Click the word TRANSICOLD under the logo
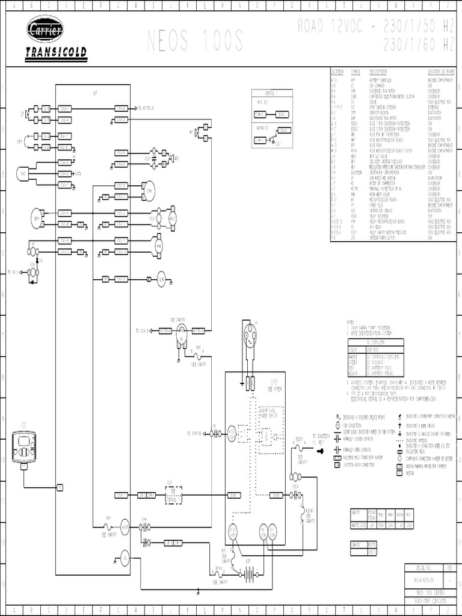(56, 52)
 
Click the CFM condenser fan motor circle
(148, 191)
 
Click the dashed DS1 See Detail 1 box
(174, 494)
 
